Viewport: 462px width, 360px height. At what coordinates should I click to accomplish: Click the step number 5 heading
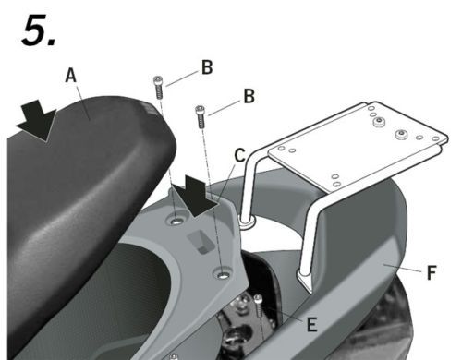click(x=39, y=30)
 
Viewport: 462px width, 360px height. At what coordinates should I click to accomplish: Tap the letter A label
click(x=70, y=76)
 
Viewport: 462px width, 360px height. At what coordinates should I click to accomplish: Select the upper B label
click(x=207, y=67)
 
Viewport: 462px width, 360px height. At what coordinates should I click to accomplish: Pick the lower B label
click(x=249, y=96)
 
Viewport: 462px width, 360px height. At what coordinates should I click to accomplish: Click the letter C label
click(x=239, y=155)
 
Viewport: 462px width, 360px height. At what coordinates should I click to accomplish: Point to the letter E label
click(x=311, y=324)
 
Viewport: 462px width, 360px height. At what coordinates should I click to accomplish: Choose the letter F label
click(x=432, y=272)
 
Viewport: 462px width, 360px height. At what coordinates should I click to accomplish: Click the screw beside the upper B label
click(x=158, y=88)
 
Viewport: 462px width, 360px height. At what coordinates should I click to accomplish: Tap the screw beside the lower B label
click(x=201, y=117)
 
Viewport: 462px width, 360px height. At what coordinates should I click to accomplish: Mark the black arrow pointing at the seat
click(x=37, y=121)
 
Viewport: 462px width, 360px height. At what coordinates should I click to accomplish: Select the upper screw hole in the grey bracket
click(x=176, y=221)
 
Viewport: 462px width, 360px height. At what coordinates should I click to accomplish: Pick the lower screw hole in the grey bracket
click(x=223, y=273)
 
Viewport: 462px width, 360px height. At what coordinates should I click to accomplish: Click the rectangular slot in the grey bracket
click(x=201, y=241)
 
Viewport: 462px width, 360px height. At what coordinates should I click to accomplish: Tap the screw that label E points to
click(x=259, y=306)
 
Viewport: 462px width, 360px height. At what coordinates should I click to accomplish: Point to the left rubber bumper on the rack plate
click(x=380, y=123)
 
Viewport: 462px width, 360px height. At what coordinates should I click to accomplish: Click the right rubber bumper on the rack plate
click(x=401, y=135)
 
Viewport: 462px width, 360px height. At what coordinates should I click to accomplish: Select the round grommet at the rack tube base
click(x=247, y=222)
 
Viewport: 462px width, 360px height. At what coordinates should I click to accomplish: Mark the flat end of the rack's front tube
click(x=304, y=279)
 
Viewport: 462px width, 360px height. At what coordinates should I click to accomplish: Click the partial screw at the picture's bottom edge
click(x=174, y=356)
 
